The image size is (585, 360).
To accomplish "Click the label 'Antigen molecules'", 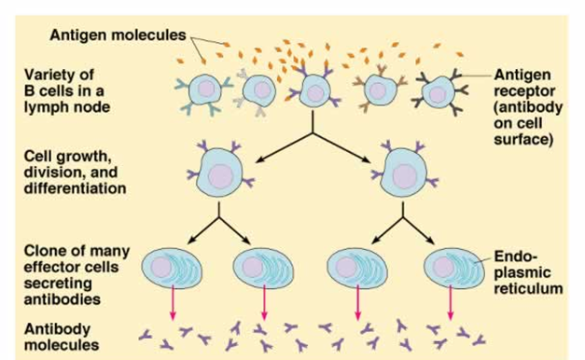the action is click(118, 35).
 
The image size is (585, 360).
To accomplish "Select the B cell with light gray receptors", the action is click(258, 90).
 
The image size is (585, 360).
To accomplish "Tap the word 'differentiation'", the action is click(75, 188).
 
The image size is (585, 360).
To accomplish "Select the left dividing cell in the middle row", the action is click(221, 171).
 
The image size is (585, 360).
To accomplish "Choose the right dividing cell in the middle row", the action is click(404, 171).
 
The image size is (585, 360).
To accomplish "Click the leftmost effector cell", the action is click(172, 269).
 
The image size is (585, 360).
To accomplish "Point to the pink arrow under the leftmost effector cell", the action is click(173, 302).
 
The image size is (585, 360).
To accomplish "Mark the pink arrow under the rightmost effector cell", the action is click(450, 302).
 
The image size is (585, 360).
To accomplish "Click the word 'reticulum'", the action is click(528, 289).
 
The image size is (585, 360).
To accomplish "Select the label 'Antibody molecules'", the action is click(62, 338).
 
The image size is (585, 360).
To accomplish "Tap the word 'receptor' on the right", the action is click(524, 91).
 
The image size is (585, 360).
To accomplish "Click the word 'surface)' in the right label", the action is click(523, 140).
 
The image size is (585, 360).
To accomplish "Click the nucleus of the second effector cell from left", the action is click(253, 267).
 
